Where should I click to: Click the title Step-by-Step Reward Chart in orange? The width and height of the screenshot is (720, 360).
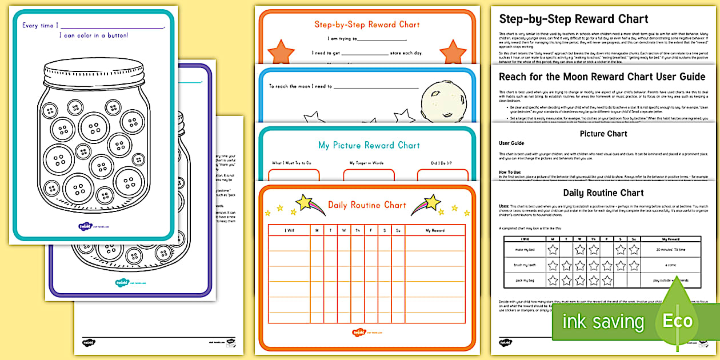[x=367, y=25]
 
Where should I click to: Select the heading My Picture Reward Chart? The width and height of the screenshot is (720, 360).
[x=369, y=145]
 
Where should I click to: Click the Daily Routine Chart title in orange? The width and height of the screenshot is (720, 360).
[x=367, y=205]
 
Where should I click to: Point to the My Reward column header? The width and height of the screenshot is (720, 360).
[x=435, y=230]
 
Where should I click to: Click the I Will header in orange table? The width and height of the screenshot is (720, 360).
[x=289, y=230]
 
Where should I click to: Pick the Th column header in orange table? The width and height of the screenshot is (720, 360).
[x=358, y=230]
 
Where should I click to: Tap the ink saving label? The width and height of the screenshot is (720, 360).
[x=603, y=321]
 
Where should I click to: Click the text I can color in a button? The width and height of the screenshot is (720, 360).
[x=94, y=35]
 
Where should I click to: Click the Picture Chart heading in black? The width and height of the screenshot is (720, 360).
[x=603, y=134]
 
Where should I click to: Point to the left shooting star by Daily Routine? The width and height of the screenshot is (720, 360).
[x=310, y=205]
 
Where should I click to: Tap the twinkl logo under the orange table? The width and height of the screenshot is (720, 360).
[x=359, y=332]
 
